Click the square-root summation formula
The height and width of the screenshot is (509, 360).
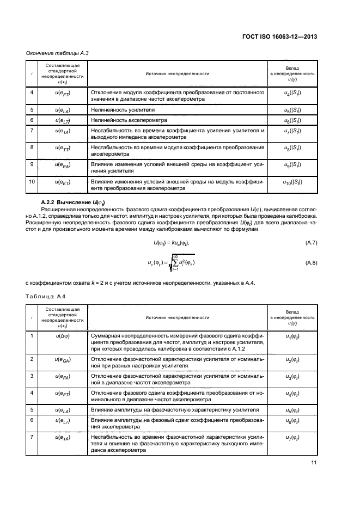pyautogui.click(x=172, y=263)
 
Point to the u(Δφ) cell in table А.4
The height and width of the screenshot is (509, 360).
pyautogui.click(x=63, y=336)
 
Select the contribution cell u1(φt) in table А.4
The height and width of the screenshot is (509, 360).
pyautogui.click(x=292, y=338)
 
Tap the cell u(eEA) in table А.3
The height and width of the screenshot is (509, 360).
pyautogui.click(x=63, y=164)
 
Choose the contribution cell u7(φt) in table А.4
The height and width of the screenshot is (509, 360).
pyautogui.click(x=292, y=438)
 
